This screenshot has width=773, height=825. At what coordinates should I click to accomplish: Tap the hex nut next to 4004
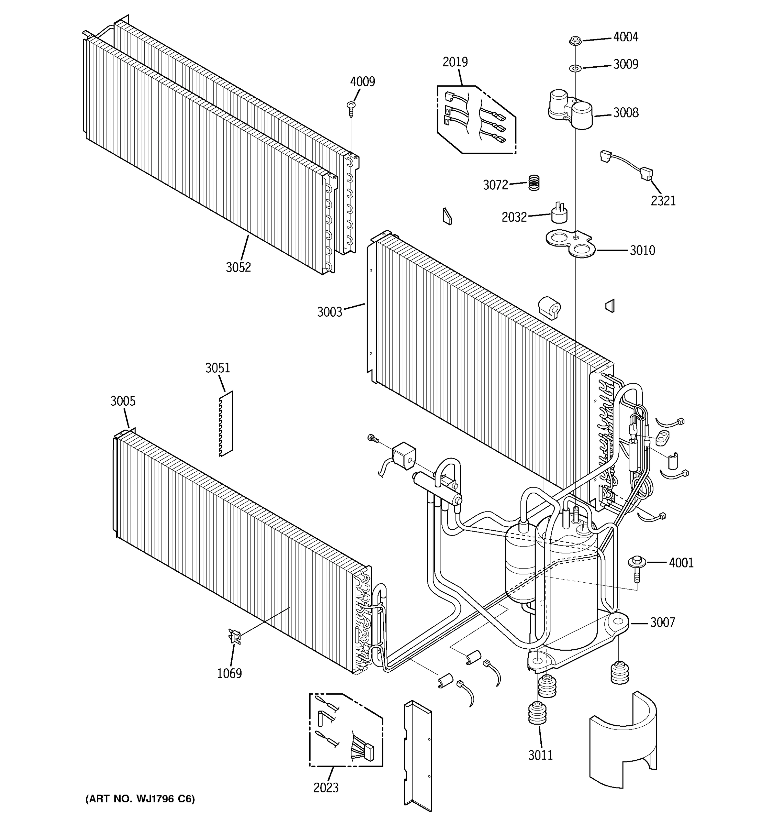pyautogui.click(x=575, y=41)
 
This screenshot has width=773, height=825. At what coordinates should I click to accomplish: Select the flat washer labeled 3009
pyautogui.click(x=575, y=67)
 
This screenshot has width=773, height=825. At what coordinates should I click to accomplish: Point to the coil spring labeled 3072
pyautogui.click(x=534, y=183)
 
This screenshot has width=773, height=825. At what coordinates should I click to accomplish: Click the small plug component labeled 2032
pyautogui.click(x=559, y=213)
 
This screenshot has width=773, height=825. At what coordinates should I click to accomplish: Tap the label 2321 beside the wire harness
pyautogui.click(x=663, y=201)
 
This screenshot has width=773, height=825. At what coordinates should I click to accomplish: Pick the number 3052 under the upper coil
pyautogui.click(x=238, y=267)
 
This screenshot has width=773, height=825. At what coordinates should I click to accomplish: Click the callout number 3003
pyautogui.click(x=330, y=312)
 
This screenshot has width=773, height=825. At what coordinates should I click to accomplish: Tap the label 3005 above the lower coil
pyautogui.click(x=123, y=401)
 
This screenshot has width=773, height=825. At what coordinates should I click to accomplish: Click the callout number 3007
pyautogui.click(x=662, y=623)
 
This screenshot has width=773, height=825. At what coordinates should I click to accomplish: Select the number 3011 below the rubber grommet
pyautogui.click(x=540, y=755)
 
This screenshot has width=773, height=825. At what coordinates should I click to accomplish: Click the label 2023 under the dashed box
pyautogui.click(x=326, y=788)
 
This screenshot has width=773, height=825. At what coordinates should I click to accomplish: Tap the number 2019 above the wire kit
pyautogui.click(x=455, y=62)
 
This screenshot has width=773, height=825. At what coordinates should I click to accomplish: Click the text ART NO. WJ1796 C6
pyautogui.click(x=140, y=799)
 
